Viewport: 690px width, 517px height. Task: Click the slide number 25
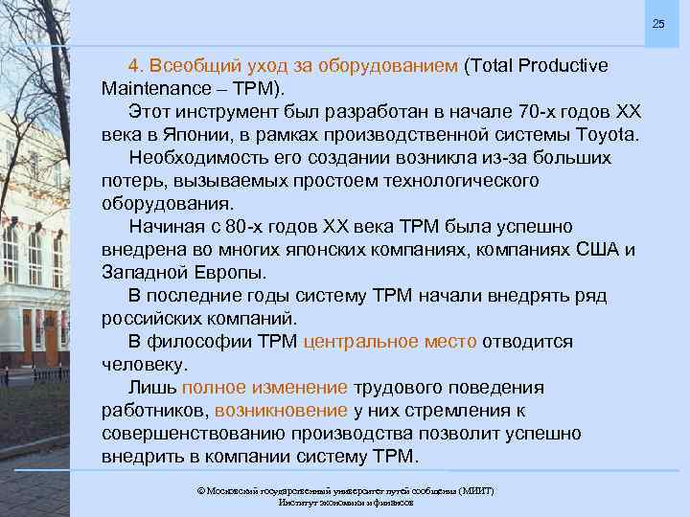658,23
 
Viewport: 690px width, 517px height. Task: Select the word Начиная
165,227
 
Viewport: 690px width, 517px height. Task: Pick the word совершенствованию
188,434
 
